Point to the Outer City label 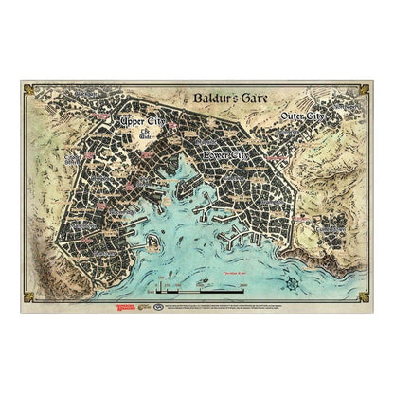[x=310, y=116]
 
